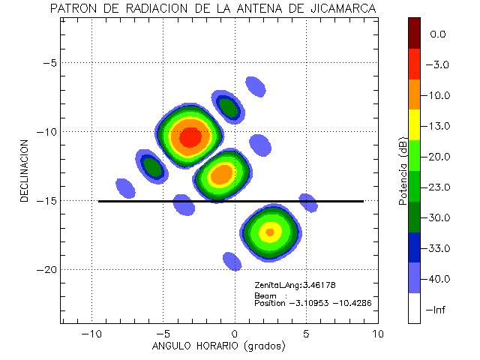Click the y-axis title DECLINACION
click(25, 169)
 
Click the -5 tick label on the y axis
click(49, 63)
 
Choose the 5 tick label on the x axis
click(306, 332)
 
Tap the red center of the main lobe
click(190, 137)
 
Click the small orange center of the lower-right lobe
click(270, 232)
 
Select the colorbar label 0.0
click(438, 34)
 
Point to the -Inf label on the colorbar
click(437, 310)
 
